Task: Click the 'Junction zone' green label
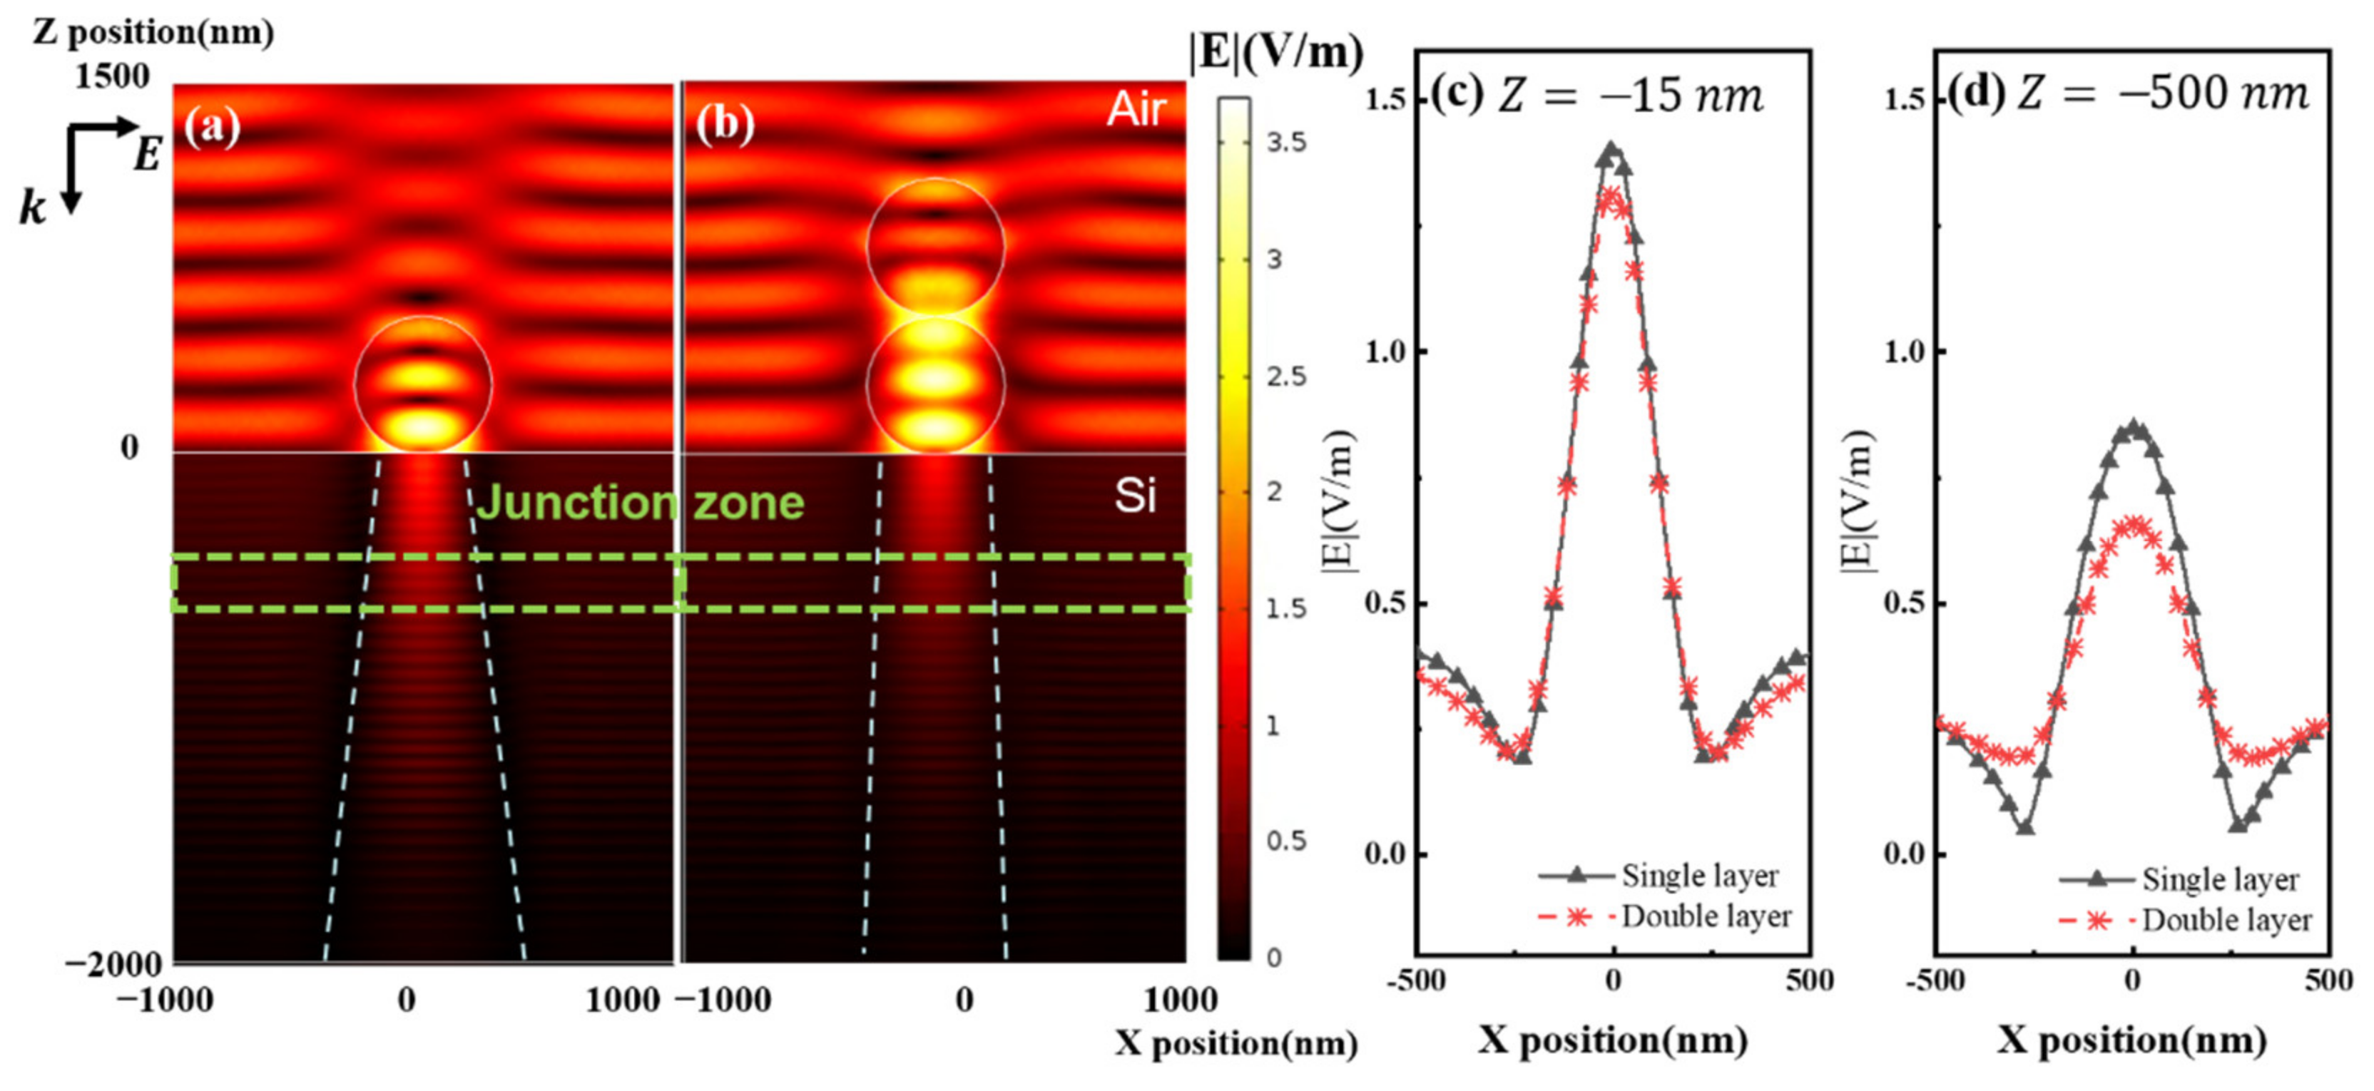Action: pyautogui.click(x=640, y=503)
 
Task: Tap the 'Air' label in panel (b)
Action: pyautogui.click(x=1136, y=111)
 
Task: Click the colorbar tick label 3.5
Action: pyautogui.click(x=1285, y=142)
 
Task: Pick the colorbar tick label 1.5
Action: pyautogui.click(x=1285, y=608)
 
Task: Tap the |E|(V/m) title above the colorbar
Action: pyautogui.click(x=1276, y=53)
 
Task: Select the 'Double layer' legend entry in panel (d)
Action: pyautogui.click(x=2226, y=920)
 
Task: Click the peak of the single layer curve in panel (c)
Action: pyautogui.click(x=1611, y=148)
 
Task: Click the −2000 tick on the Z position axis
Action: pyautogui.click(x=113, y=963)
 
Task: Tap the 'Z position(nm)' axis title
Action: pyautogui.click(x=153, y=31)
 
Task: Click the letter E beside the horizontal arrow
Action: pyautogui.click(x=148, y=154)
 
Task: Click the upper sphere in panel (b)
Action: pyautogui.click(x=934, y=246)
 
